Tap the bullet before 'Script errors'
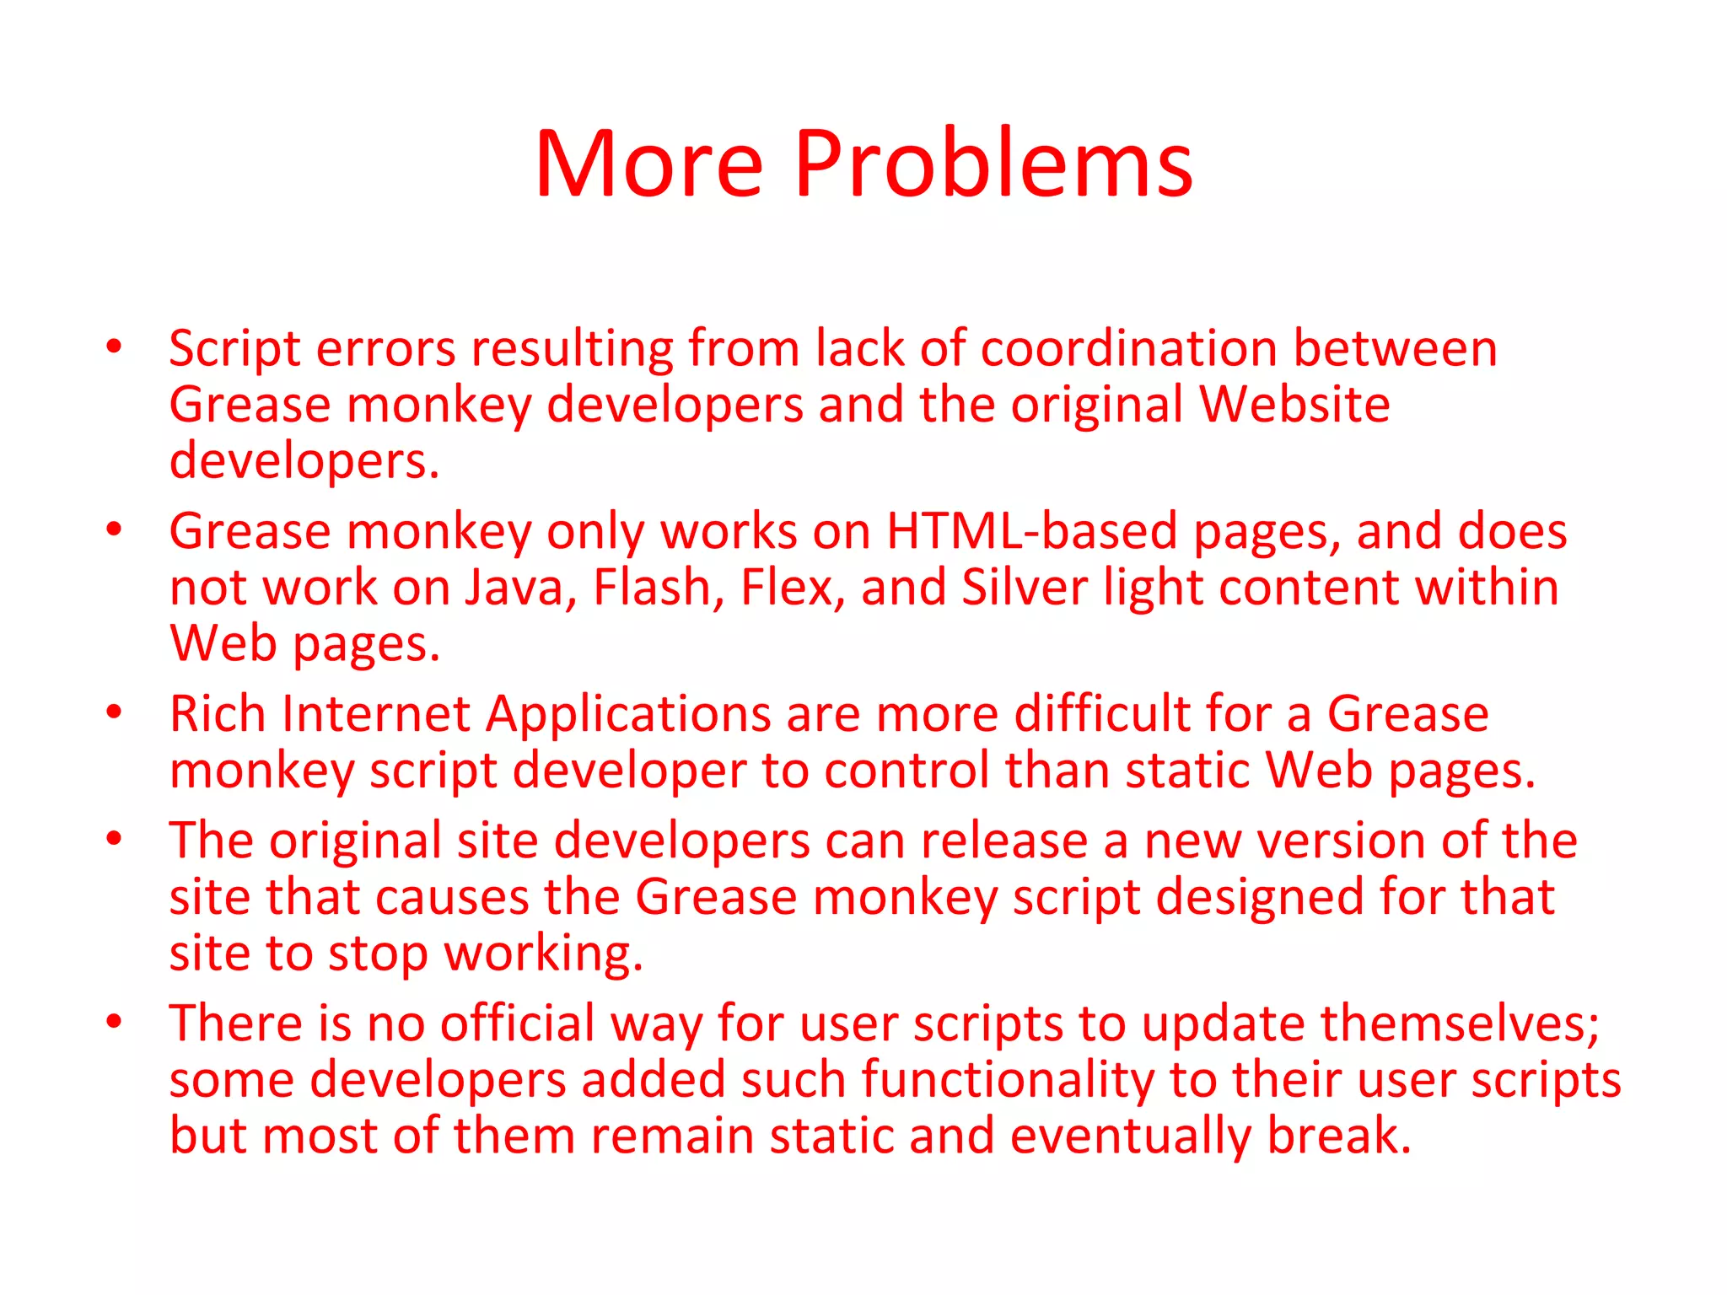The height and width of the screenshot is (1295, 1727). pos(114,347)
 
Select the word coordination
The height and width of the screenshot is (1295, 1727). pos(1129,348)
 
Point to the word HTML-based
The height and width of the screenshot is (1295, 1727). pos(1032,532)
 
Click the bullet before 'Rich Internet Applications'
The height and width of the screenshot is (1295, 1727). pos(114,712)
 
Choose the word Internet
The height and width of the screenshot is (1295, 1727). pos(375,715)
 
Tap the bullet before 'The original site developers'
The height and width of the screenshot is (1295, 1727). pos(114,839)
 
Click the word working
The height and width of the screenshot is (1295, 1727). pos(543,954)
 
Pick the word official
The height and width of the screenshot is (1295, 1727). pos(518,1024)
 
